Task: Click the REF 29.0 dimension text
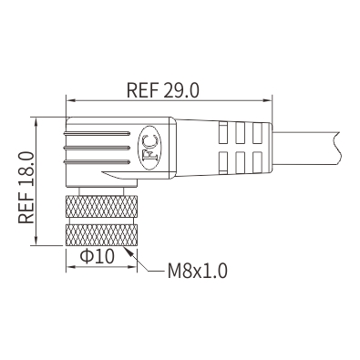(x=163, y=90)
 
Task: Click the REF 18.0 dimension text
(x=26, y=188)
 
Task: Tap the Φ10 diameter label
(x=98, y=256)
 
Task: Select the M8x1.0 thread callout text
(x=198, y=271)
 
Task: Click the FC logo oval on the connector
(x=149, y=148)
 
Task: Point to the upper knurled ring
(x=101, y=207)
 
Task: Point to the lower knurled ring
(x=101, y=235)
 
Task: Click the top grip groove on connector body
(x=97, y=133)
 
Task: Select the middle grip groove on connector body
(x=97, y=148)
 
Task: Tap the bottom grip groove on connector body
(x=97, y=162)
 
